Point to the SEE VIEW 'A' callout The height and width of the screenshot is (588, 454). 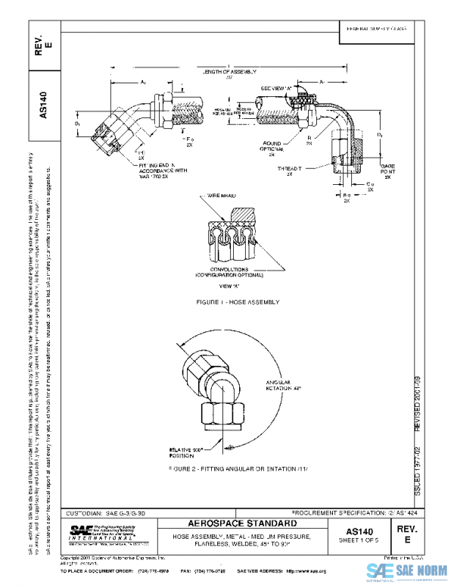276,88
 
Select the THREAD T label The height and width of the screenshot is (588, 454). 290,170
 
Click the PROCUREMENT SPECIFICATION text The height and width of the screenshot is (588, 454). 350,512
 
